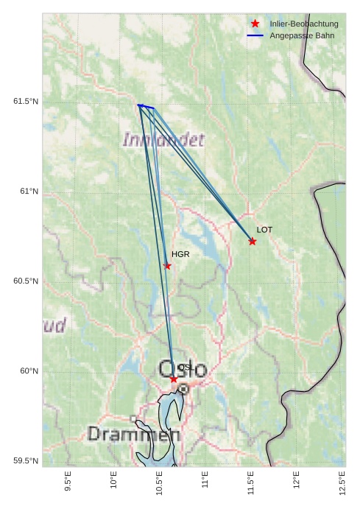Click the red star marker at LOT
253,242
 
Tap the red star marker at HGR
167,266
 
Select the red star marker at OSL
174,379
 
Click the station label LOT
264,230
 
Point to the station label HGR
180,254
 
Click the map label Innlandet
163,139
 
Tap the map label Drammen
133,435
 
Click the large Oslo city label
183,370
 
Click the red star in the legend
255,24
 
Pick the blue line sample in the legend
255,35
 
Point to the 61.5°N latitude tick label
26,101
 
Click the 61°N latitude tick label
29,192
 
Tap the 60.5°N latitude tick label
26,281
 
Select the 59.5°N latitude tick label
26,461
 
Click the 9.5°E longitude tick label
68,480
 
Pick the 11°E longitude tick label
205,480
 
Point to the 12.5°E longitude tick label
342,480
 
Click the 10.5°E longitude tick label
159,480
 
